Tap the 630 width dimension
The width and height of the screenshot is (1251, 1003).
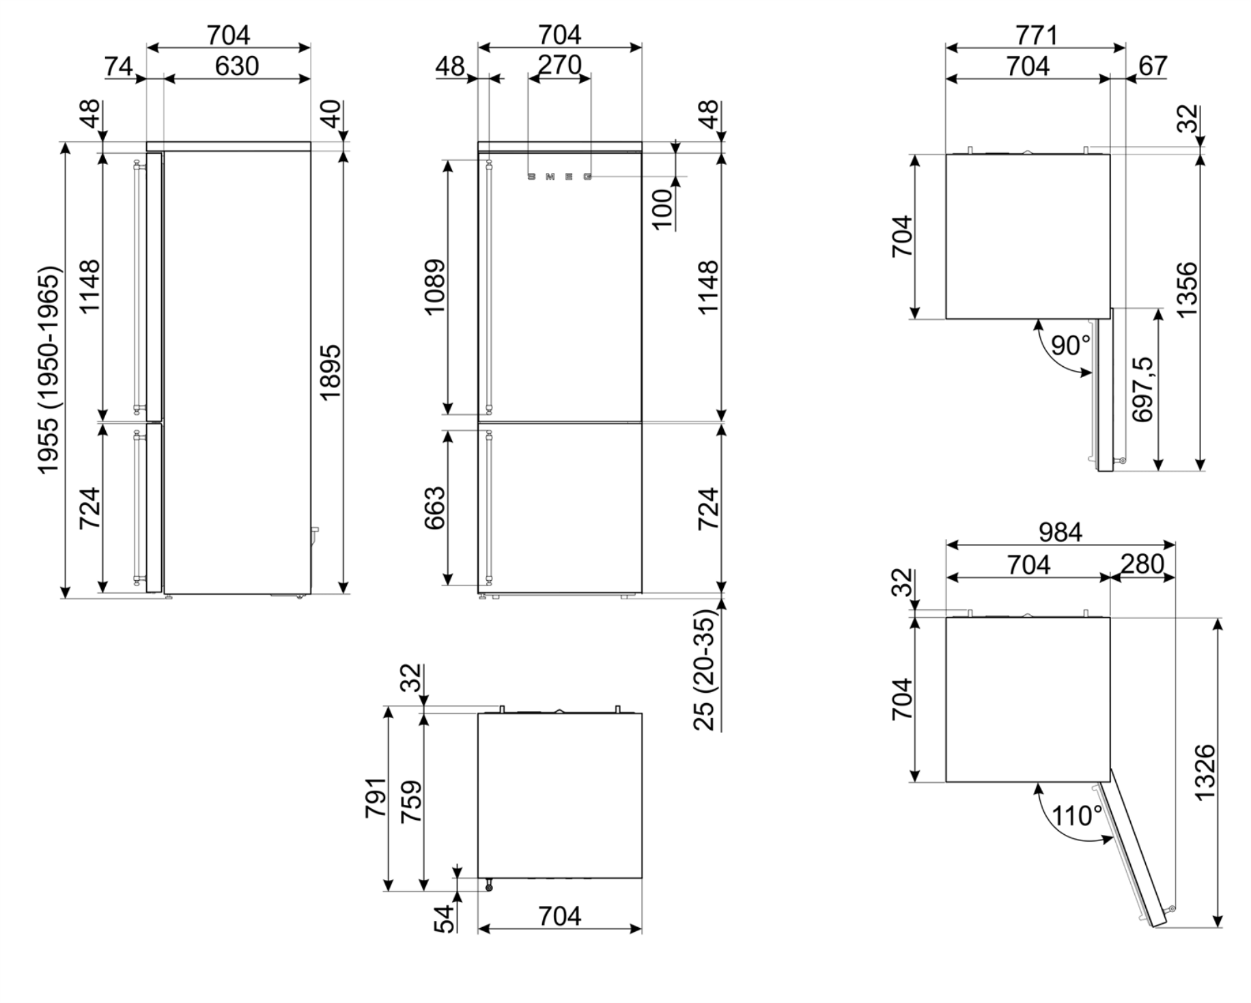click(237, 66)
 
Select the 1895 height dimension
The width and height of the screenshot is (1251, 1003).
click(330, 372)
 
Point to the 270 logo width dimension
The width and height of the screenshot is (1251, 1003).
click(560, 65)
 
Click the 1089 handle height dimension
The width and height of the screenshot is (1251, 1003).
click(435, 286)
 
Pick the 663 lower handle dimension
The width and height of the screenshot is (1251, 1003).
click(435, 508)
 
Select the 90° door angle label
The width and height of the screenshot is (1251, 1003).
click(1071, 346)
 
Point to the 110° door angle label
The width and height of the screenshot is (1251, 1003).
click(1077, 816)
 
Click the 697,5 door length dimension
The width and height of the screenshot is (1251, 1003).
click(1142, 389)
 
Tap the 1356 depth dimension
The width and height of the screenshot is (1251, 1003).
click(1187, 289)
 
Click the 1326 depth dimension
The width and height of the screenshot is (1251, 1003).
click(1206, 773)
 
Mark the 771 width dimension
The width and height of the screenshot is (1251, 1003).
click(1036, 35)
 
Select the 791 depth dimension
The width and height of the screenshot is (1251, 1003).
click(376, 797)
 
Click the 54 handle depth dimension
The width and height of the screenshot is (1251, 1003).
click(444, 917)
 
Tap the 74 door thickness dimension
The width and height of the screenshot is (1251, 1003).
click(118, 67)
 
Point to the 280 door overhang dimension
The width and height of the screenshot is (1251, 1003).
click(1142, 564)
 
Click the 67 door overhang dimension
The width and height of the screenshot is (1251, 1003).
click(1153, 66)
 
